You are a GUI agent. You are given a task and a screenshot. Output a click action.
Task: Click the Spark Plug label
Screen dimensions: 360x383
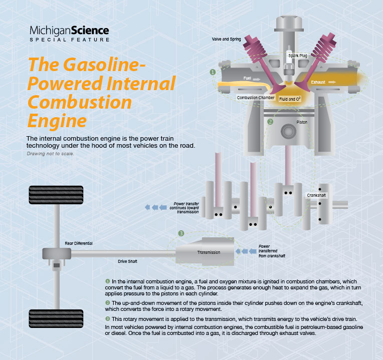(x=297, y=56)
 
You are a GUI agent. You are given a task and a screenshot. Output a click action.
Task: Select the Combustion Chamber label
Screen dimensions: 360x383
(x=256, y=98)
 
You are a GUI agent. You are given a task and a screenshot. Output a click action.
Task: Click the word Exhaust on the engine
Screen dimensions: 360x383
(x=318, y=82)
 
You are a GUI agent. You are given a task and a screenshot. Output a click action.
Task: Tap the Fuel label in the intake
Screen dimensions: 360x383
(x=247, y=79)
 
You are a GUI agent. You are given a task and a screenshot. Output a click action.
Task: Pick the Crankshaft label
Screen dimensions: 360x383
(x=316, y=194)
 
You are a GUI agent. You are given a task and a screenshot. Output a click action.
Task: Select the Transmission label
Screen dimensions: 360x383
(x=209, y=252)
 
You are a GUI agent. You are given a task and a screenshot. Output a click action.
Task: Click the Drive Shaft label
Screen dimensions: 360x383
(x=128, y=261)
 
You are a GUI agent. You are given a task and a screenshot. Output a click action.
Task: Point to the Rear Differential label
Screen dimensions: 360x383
(x=79, y=243)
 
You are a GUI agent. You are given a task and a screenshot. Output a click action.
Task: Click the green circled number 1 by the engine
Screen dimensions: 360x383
(x=213, y=73)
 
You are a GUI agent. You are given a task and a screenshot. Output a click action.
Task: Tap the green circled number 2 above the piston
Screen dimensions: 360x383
(x=271, y=121)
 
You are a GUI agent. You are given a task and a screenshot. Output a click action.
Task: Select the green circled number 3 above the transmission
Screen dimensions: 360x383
(x=181, y=233)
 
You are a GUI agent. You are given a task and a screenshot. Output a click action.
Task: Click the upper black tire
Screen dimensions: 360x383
(x=50, y=195)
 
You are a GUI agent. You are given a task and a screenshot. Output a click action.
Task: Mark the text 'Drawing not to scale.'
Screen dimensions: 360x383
(x=50, y=153)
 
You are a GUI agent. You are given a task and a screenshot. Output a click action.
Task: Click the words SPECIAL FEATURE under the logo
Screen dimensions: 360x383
(x=69, y=40)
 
